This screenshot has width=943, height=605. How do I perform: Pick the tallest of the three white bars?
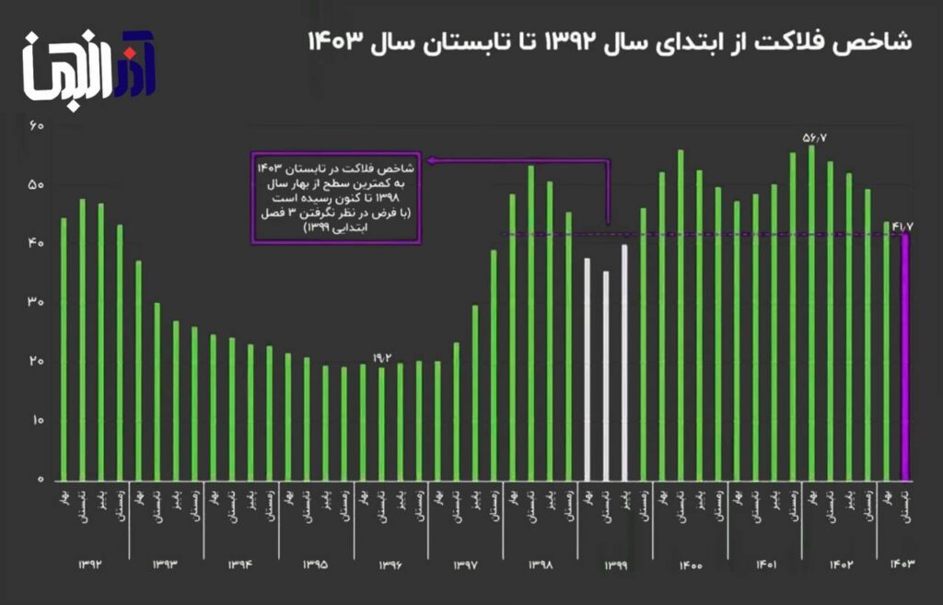pyautogui.click(x=624, y=363)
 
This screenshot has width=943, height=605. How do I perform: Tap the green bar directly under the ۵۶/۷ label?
pyautogui.click(x=811, y=313)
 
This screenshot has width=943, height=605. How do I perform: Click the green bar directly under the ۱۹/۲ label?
pyautogui.click(x=381, y=424)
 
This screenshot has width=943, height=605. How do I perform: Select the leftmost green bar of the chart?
pyautogui.click(x=64, y=349)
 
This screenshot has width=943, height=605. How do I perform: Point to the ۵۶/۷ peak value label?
pyautogui.click(x=815, y=137)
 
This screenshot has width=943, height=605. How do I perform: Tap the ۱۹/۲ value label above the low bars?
pyautogui.click(x=382, y=357)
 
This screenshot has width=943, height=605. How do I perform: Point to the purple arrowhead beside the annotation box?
pyautogui.click(x=431, y=160)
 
